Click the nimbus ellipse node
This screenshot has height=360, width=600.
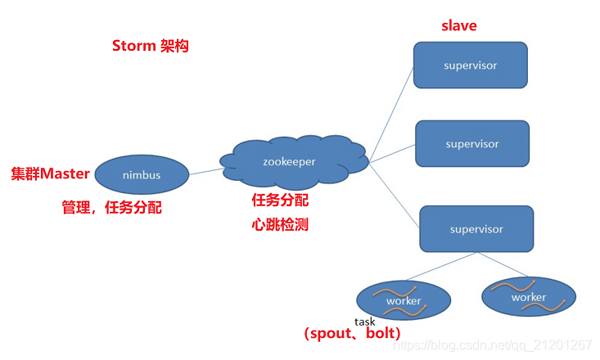(142, 174)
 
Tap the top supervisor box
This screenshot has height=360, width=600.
(470, 65)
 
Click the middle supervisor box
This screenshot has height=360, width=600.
(472, 144)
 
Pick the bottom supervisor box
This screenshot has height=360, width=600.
(476, 229)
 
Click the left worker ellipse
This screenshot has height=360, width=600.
(404, 300)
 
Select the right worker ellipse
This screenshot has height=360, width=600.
(528, 297)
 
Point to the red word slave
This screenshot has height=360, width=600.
(458, 25)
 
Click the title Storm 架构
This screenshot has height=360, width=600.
(151, 46)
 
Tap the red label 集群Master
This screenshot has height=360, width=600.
(50, 174)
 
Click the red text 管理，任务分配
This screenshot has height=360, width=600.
(112, 208)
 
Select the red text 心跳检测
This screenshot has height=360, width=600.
(280, 224)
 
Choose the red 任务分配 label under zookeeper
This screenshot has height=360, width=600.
(280, 200)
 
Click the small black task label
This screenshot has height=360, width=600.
(365, 322)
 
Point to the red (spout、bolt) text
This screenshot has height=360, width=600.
(352, 334)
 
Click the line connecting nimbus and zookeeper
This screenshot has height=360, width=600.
(205, 171)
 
